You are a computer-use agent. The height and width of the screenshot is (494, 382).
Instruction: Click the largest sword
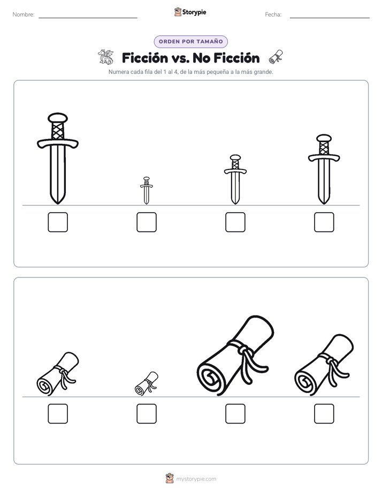[58, 158]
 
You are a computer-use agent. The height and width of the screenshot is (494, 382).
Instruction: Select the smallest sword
[146, 191]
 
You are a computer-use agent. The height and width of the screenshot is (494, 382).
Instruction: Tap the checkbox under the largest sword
[58, 222]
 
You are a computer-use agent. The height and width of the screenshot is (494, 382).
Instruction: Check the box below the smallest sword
[147, 222]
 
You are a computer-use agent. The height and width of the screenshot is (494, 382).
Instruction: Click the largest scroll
[235, 356]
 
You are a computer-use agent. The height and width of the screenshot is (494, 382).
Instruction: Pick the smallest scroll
[147, 383]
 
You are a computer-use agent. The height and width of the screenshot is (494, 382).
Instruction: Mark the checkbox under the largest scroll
[235, 414]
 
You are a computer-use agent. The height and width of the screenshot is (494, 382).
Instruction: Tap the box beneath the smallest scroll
[147, 414]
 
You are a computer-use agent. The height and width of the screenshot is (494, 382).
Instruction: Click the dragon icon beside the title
[105, 57]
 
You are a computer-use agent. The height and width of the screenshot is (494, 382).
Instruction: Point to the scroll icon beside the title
[276, 57]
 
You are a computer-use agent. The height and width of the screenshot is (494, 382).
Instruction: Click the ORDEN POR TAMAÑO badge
[190, 42]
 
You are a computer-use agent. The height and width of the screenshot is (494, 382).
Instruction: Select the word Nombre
[24, 14]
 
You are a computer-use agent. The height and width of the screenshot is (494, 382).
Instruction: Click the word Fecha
[273, 14]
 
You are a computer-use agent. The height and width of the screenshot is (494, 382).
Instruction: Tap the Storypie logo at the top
[190, 12]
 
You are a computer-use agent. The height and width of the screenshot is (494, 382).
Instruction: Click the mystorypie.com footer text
[196, 479]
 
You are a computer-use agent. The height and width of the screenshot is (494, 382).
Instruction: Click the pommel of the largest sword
[58, 118]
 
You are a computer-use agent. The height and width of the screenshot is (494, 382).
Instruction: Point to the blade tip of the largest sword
[58, 204]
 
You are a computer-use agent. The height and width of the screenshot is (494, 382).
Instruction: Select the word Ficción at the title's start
[145, 58]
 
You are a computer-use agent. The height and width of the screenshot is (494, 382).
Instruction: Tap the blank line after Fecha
[330, 18]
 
